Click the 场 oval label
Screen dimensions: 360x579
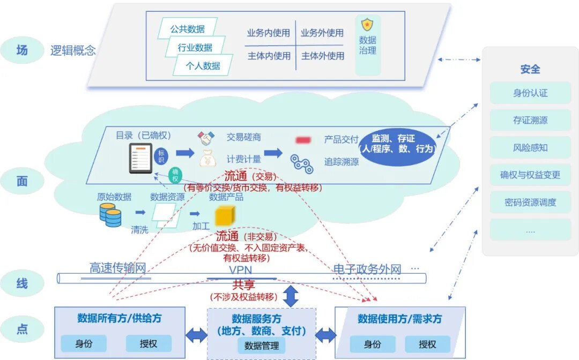tap(21, 51)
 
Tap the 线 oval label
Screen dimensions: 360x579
tap(21, 283)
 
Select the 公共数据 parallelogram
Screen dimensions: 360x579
tap(188, 29)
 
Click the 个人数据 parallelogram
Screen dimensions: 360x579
tap(203, 65)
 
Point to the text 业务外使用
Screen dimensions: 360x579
tap(322, 33)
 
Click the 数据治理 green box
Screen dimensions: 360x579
tap(368, 45)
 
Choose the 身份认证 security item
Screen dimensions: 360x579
tap(530, 93)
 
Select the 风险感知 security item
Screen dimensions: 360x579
tap(530, 148)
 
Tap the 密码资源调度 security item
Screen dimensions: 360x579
tap(530, 202)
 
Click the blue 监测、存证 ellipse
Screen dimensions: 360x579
tap(397, 144)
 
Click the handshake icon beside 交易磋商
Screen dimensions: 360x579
tap(206, 138)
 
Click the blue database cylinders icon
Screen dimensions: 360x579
tap(110, 214)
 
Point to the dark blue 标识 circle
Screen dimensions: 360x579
tap(161, 157)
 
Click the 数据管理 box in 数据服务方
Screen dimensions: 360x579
tap(261, 346)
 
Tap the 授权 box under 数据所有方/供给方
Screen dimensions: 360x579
tap(149, 343)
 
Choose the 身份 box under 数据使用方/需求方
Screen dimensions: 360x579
tap(372, 344)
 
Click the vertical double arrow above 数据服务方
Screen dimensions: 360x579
tap(291, 296)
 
